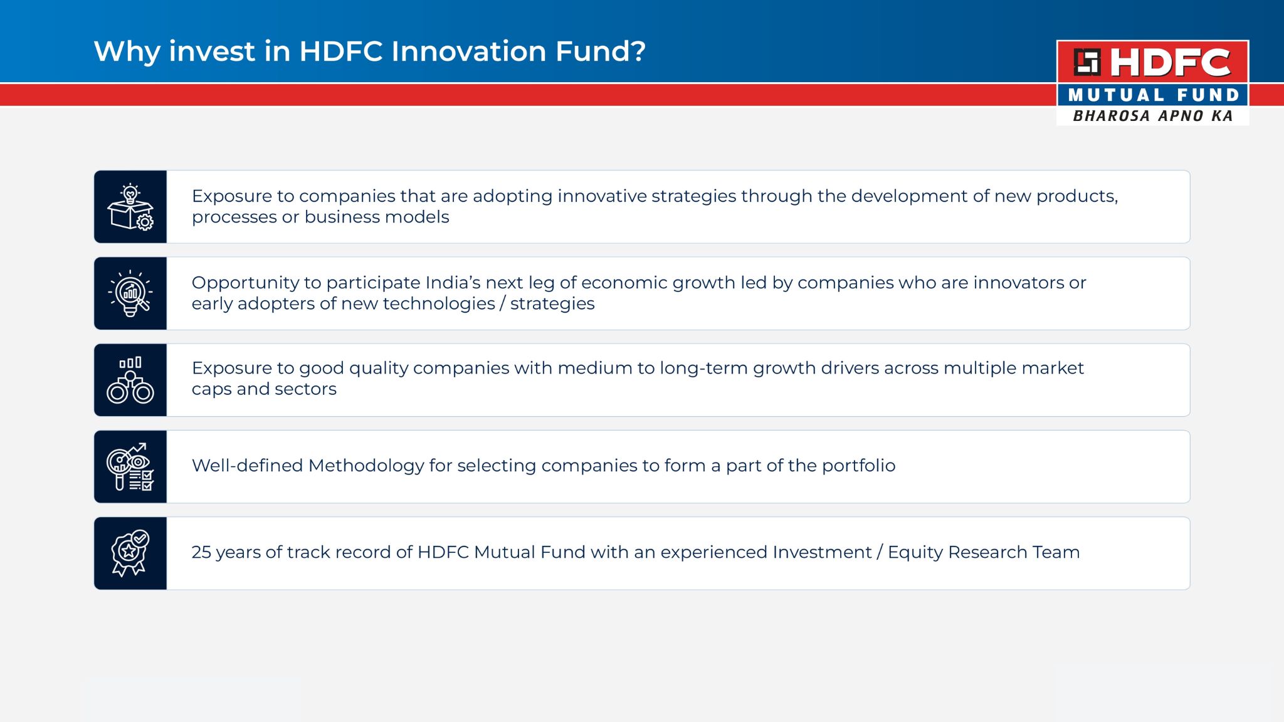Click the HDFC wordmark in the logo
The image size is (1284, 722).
1171,63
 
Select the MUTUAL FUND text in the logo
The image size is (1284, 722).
1154,95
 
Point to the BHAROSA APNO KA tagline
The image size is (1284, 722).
1153,116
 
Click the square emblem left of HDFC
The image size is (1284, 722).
1087,62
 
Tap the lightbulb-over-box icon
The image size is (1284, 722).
130,207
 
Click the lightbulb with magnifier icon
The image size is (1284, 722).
130,293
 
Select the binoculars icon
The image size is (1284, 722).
130,380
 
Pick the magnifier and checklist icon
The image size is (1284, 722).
130,466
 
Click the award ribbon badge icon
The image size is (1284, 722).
130,553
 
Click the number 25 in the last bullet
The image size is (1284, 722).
202,552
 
